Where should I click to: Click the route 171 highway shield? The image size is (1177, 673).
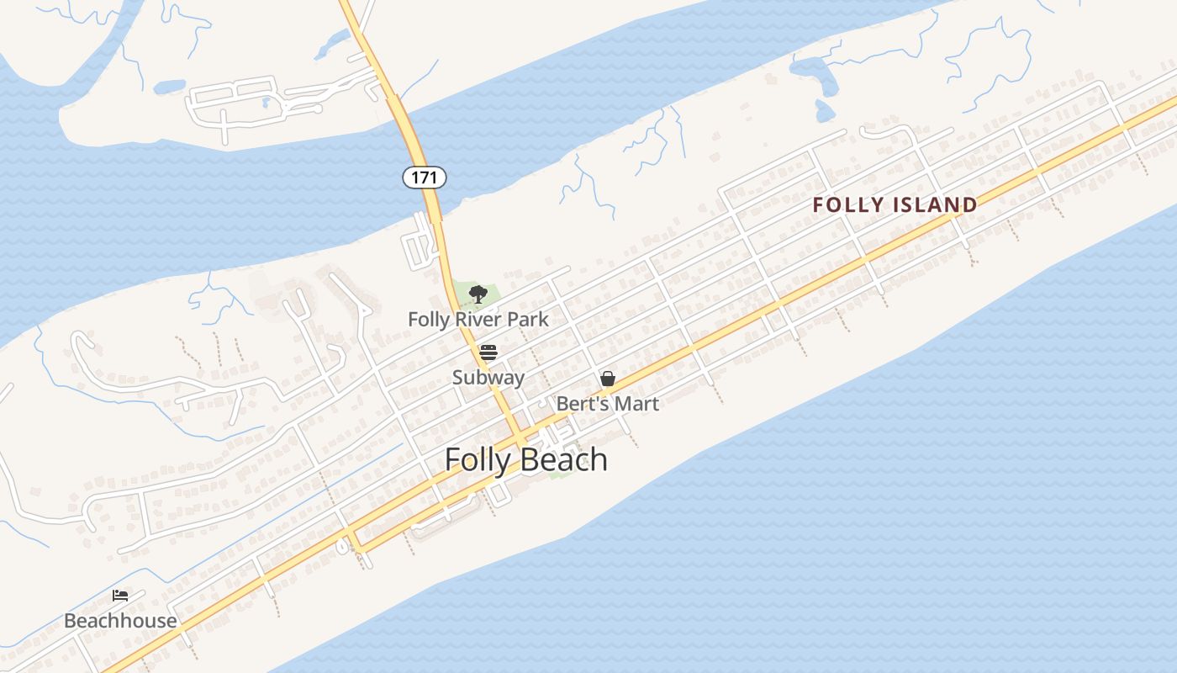424,178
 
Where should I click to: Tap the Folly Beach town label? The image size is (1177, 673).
525,460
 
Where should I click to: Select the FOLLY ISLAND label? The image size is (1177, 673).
895,204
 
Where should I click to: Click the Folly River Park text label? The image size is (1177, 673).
478,320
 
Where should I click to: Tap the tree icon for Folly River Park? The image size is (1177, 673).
478,294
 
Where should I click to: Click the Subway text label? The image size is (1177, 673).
488,378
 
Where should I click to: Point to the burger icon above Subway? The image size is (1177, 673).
488,352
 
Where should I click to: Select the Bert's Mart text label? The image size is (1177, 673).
607,404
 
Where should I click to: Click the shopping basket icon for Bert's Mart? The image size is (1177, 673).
607,379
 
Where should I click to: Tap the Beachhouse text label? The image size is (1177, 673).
120,622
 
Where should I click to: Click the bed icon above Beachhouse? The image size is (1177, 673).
120,596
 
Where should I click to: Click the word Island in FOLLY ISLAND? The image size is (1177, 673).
935,204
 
